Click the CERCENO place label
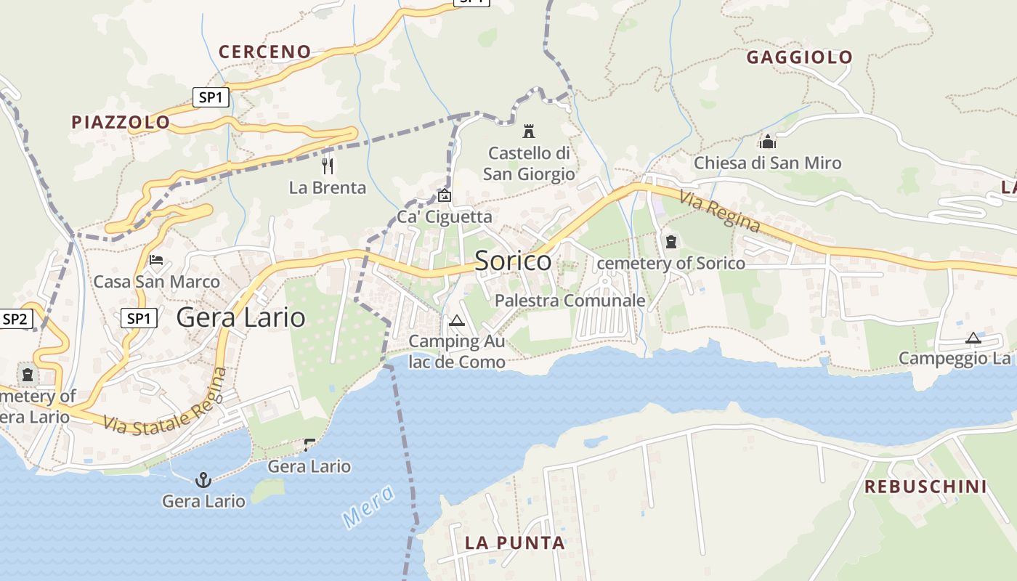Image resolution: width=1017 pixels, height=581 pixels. pos(264,52)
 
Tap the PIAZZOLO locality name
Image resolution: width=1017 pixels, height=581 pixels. pos(121,122)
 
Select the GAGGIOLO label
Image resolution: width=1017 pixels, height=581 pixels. pos(799,57)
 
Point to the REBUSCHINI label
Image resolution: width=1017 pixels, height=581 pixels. pos(925,487)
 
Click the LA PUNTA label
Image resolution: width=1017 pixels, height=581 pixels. pos(514,543)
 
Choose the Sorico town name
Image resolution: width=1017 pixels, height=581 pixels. pos(513,261)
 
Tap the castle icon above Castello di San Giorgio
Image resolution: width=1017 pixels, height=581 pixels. pos(529,131)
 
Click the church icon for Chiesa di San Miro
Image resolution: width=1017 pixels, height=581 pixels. pos(768,142)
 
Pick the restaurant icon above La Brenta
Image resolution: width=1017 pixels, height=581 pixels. pos(328,166)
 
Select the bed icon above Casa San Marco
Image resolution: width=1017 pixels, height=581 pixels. pos(156,260)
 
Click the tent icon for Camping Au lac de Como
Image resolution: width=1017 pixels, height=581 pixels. pos(456,320)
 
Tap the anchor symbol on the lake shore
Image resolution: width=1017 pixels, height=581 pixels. pos(203,479)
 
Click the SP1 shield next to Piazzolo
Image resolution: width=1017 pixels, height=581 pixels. pos(211,97)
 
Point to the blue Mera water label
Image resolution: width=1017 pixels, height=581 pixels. pos(368,505)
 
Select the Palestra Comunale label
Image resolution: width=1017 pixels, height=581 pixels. pos(570,300)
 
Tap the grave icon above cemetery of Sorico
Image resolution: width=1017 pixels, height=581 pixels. pos(670,241)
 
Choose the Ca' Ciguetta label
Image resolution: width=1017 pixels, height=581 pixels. pos(444,216)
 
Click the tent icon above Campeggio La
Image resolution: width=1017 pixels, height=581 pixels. pos(973,338)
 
